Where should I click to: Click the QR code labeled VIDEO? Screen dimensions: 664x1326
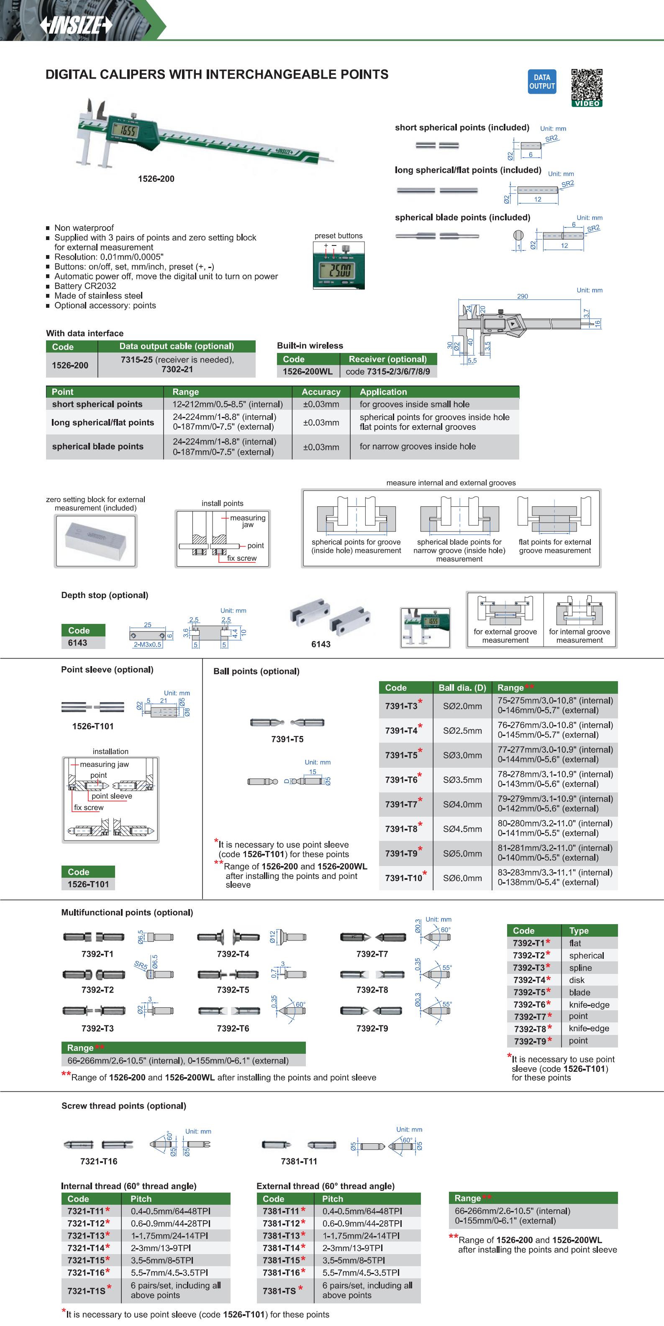[x=587, y=87]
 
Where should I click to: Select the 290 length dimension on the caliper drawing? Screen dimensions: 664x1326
[x=522, y=296]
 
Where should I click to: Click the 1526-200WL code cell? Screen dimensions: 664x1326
[x=308, y=371]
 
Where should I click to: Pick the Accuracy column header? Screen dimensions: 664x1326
[x=321, y=392]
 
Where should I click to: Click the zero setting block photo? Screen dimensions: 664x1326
[x=96, y=541]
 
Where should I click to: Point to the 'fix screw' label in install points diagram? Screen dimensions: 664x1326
[x=241, y=558]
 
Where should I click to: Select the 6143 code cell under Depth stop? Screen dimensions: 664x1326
[x=78, y=642]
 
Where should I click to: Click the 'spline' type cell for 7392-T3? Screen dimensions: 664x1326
[x=581, y=968]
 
